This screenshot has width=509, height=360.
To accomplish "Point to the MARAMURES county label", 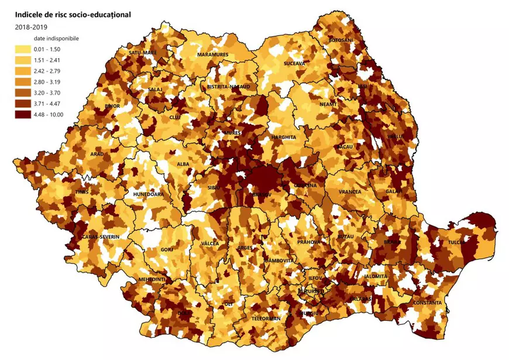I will pyautogui.click(x=212, y=55).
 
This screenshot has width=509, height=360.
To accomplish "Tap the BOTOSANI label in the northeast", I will pyautogui.click(x=341, y=40).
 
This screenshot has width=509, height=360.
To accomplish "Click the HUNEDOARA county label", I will pyautogui.click(x=149, y=194).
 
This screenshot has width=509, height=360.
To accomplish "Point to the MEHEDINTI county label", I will pyautogui.click(x=152, y=280).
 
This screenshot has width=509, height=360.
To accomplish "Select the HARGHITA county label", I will pyautogui.click(x=284, y=138).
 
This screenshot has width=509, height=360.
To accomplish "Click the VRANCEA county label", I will pyautogui.click(x=350, y=191).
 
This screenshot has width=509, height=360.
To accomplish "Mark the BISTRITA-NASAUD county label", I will pyautogui.click(x=228, y=87).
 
